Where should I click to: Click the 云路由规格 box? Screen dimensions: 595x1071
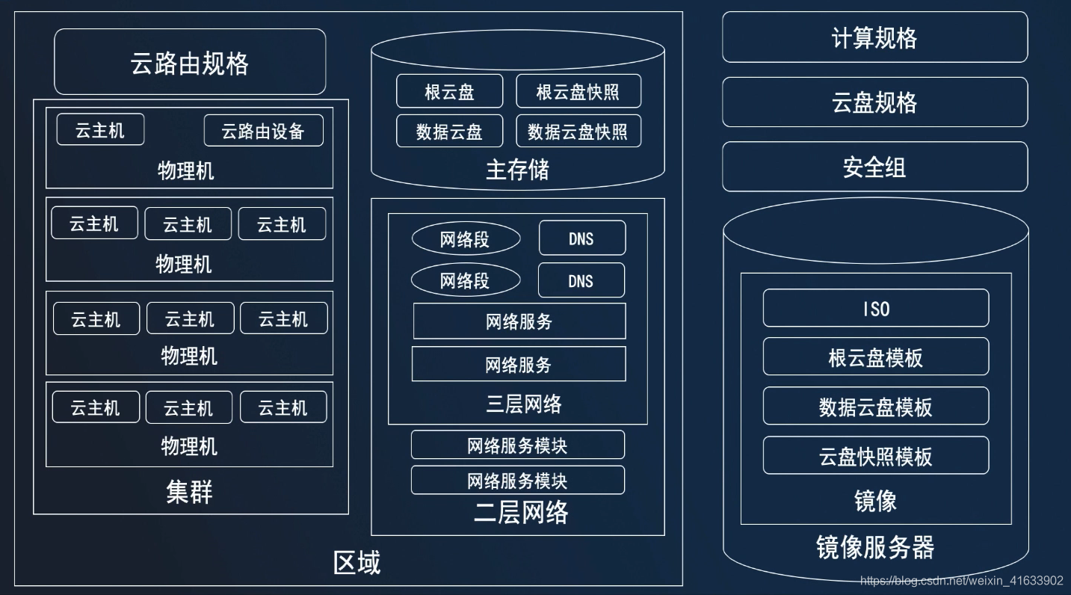tap(190, 62)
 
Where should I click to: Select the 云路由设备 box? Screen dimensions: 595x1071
tap(263, 131)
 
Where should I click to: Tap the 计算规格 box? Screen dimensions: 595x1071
tap(874, 37)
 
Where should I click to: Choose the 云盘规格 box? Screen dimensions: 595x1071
tap(874, 102)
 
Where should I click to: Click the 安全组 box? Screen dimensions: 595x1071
tap(874, 167)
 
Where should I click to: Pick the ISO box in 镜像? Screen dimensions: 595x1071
tap(875, 309)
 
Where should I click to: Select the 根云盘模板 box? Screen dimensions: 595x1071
tap(875, 357)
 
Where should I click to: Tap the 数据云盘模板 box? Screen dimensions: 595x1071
tap(875, 407)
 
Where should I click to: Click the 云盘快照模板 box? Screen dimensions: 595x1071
tap(875, 456)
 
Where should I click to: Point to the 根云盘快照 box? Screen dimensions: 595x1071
tap(578, 92)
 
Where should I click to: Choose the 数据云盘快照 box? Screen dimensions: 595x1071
tap(578, 132)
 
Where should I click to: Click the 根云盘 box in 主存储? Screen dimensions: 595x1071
tap(449, 92)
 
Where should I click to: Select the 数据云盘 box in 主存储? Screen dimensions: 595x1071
tap(449, 132)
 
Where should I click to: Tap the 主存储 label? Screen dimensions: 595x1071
tap(517, 170)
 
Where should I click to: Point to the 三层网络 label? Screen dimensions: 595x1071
tap(523, 404)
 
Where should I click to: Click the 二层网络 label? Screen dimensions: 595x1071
tap(521, 513)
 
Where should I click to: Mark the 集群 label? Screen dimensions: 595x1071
tap(189, 492)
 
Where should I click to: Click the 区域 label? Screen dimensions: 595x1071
tap(357, 562)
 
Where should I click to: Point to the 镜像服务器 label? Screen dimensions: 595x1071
tap(875, 547)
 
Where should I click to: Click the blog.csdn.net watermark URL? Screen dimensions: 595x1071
tap(961, 581)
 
